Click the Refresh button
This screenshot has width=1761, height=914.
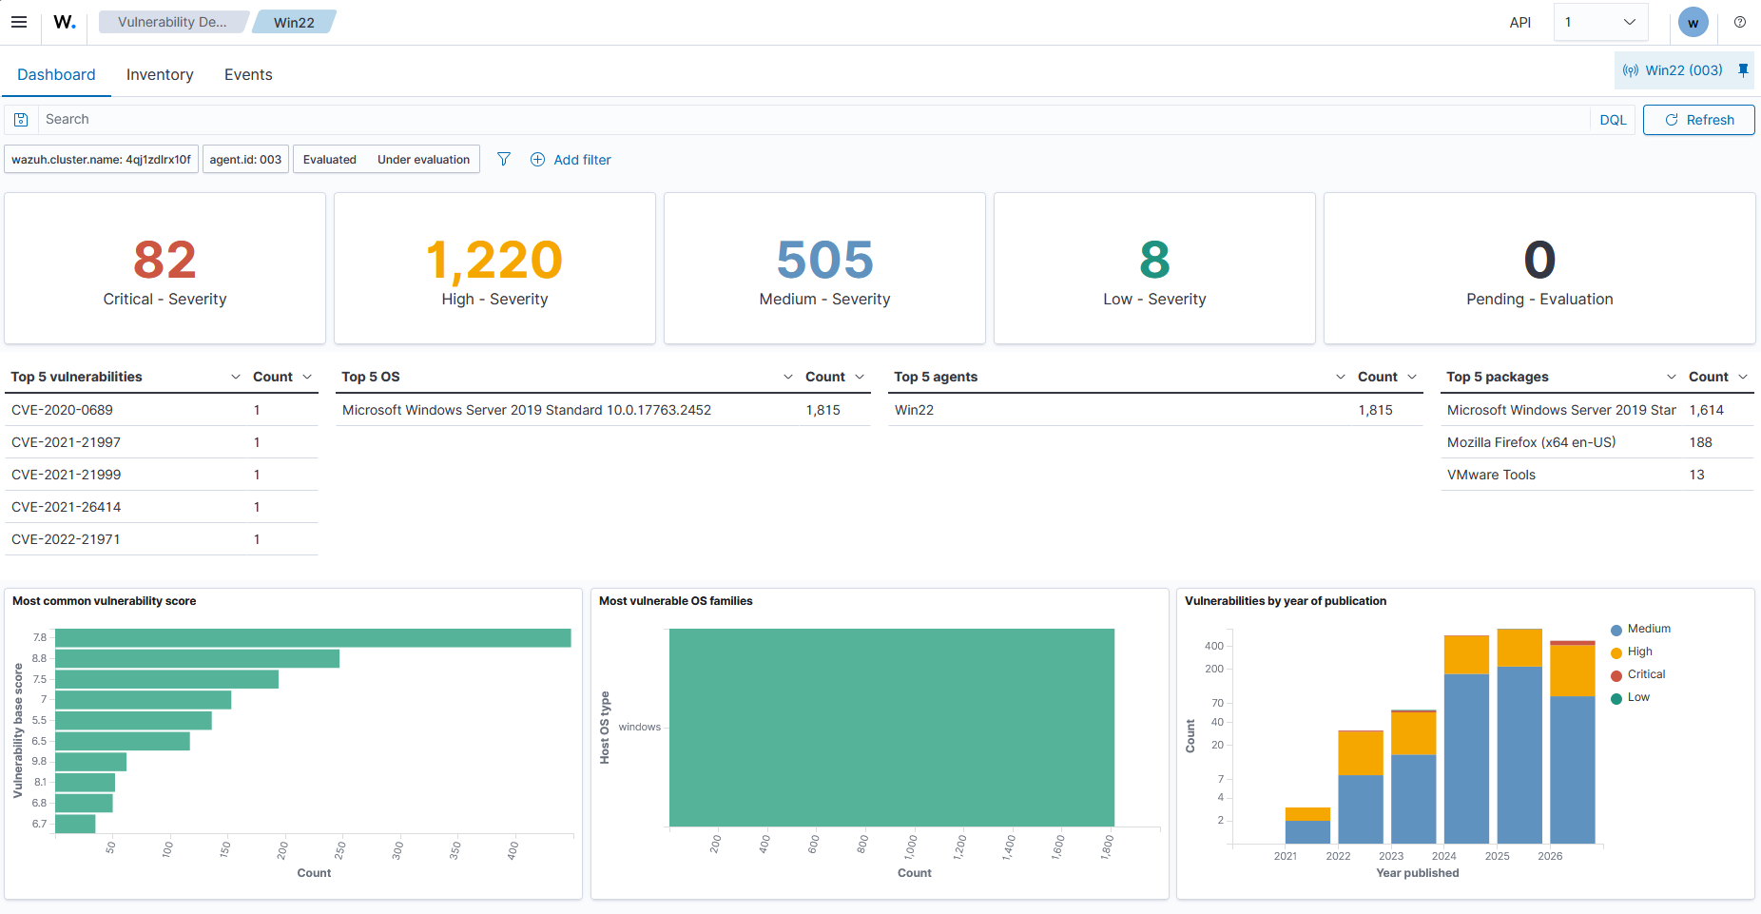point(1698,120)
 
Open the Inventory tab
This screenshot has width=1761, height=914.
point(160,74)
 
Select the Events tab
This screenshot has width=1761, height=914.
point(248,74)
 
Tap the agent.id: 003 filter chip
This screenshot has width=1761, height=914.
point(245,160)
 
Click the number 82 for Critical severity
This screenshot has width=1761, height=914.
point(164,260)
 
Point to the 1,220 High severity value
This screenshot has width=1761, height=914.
point(494,261)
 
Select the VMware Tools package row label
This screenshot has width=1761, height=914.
point(1491,475)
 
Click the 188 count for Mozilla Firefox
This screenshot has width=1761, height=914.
point(1700,442)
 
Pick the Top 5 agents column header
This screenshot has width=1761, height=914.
point(936,377)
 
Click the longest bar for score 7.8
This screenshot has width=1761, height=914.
point(313,638)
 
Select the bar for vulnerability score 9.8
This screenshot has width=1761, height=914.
point(90,762)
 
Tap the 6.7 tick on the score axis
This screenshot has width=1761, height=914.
point(39,824)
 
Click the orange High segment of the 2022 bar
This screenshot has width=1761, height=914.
point(1361,753)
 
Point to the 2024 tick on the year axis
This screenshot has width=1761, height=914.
point(1444,856)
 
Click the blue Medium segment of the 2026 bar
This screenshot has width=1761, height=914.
point(1573,769)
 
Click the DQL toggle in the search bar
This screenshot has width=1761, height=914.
point(1613,120)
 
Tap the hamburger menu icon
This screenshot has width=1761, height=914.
point(19,22)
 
